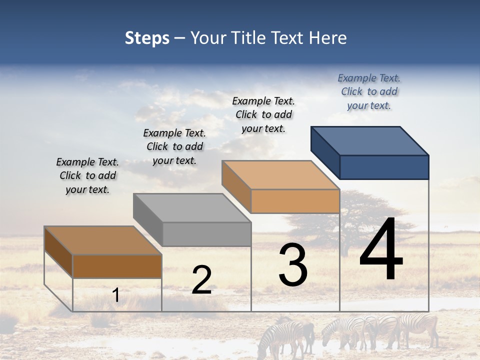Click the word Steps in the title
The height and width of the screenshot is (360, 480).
[x=147, y=38]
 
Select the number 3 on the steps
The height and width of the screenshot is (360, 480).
[x=293, y=265]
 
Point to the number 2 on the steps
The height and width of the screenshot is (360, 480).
[x=201, y=280]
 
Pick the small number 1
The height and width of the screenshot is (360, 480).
[x=116, y=295]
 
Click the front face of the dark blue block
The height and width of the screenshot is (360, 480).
[x=384, y=167]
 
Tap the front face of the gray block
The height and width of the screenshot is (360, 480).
[x=206, y=234]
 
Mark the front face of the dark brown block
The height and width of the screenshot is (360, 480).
[x=117, y=266]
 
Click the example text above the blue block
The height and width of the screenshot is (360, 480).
[x=369, y=92]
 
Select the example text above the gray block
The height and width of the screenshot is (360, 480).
[x=174, y=146]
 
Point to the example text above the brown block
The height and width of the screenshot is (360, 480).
[x=87, y=175]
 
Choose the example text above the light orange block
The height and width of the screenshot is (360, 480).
[x=263, y=114]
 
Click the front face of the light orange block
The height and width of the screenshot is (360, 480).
[x=295, y=201]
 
